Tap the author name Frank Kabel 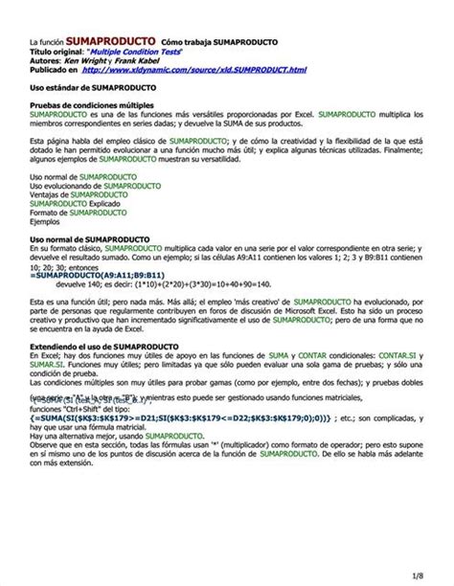(x=149, y=60)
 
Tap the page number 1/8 (x=419, y=574)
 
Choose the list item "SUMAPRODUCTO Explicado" (x=73, y=203)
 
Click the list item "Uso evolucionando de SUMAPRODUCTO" (x=96, y=186)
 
